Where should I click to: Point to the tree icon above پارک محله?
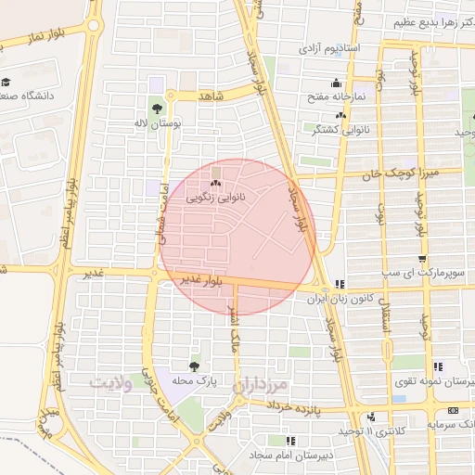[x=194, y=367]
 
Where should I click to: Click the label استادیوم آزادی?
[x=335, y=47]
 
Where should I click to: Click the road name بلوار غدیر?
[x=199, y=280]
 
